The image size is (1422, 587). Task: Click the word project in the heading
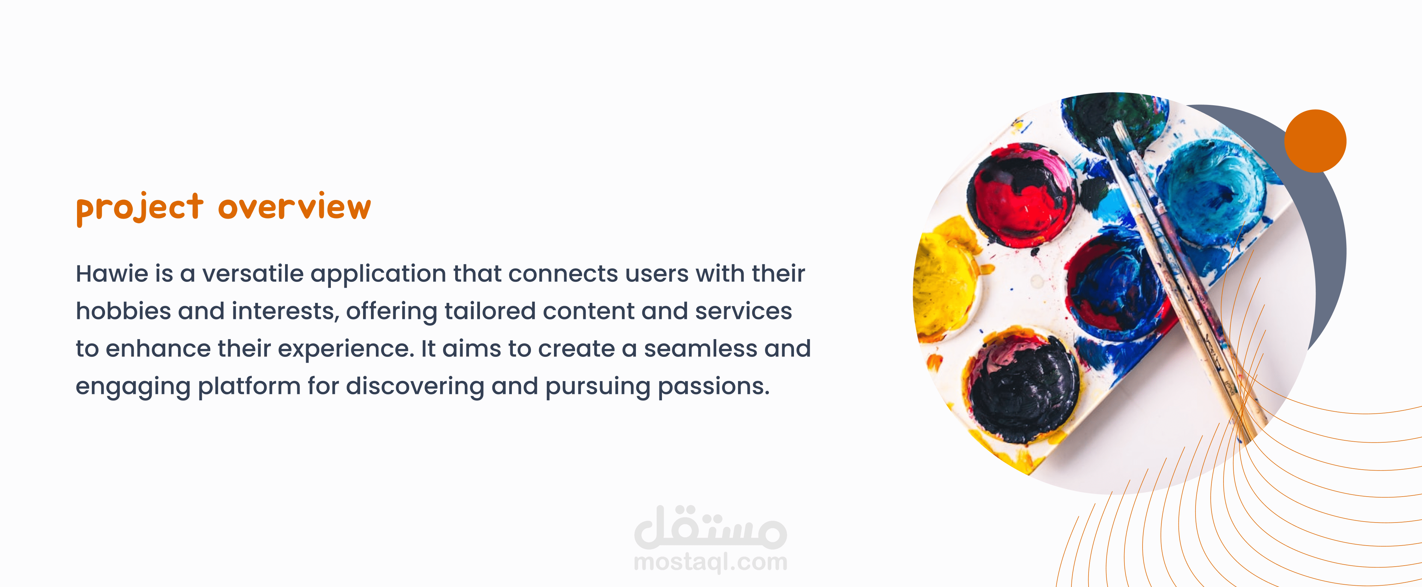[x=140, y=208]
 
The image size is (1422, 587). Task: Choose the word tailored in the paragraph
[x=490, y=311]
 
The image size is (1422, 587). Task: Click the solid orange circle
[x=1315, y=141]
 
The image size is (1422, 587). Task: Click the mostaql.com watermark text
[x=710, y=562]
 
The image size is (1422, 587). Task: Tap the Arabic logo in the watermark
[x=710, y=527]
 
